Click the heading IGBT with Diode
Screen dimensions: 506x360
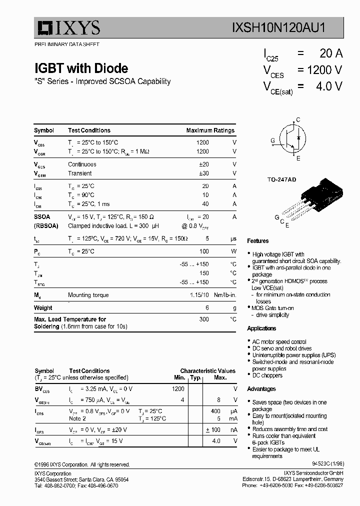81,68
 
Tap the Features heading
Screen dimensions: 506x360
257,241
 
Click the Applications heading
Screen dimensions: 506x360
261,328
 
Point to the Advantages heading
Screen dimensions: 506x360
261,389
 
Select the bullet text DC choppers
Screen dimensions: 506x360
267,375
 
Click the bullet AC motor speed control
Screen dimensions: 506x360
279,341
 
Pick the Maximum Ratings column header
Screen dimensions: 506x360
210,130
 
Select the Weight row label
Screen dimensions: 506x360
43,308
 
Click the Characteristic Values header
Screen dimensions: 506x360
207,371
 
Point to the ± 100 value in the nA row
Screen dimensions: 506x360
213,429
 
